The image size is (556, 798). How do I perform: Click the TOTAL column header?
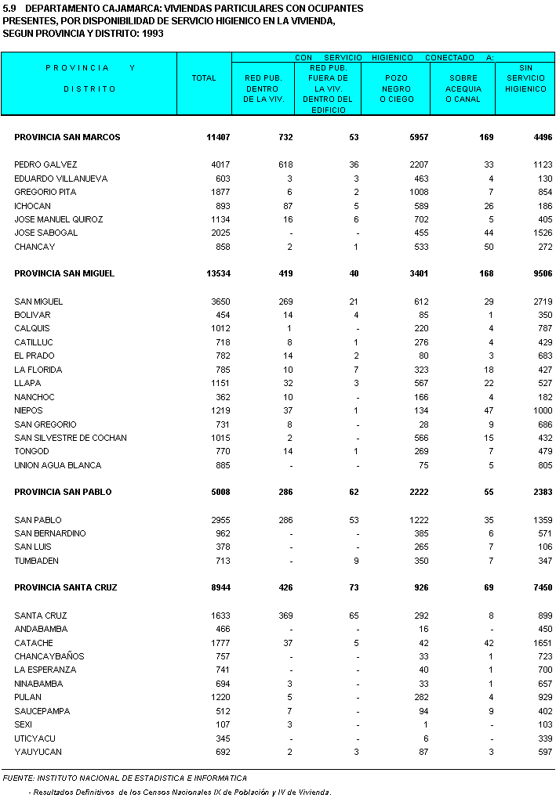[x=204, y=78]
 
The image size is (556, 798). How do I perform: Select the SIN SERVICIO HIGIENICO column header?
[x=525, y=78]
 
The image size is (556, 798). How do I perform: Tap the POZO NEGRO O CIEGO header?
[x=397, y=88]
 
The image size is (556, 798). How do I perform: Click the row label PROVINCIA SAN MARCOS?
[x=67, y=137]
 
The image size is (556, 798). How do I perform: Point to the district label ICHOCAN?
[x=33, y=205]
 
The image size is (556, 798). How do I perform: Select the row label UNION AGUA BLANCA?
[x=57, y=465]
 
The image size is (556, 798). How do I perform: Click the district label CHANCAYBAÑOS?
[x=49, y=655]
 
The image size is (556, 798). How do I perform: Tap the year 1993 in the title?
[x=162, y=34]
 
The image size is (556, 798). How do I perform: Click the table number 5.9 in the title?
[x=9, y=8]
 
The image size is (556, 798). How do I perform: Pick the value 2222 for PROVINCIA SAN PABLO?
[x=396, y=492]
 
